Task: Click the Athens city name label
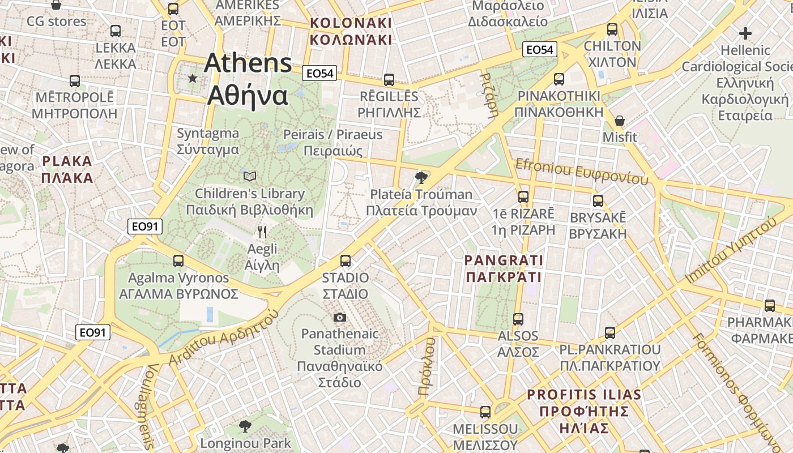click(248, 79)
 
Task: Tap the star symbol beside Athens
click(193, 78)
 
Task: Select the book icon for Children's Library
click(250, 177)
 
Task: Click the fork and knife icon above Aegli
click(262, 232)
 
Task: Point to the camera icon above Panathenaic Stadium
click(340, 317)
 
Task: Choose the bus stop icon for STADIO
click(346, 261)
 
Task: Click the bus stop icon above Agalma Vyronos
click(178, 261)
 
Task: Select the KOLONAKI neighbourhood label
click(351, 31)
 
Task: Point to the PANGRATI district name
click(504, 269)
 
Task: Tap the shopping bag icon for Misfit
click(620, 121)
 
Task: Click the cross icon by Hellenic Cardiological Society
click(745, 33)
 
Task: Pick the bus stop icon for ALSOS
click(518, 319)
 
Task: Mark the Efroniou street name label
click(581, 171)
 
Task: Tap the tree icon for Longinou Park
click(245, 426)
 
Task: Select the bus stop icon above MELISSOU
click(485, 412)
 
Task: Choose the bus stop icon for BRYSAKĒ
click(598, 201)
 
